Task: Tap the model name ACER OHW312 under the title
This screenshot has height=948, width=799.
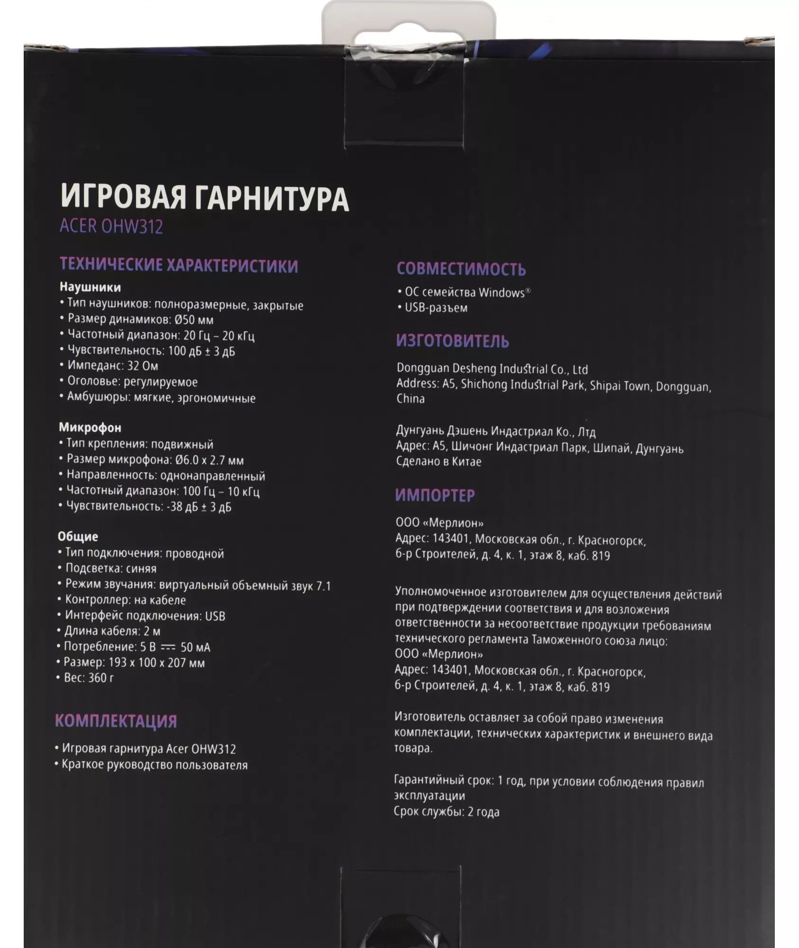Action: click(111, 227)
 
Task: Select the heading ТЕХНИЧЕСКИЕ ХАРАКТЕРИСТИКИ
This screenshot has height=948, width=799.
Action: click(179, 265)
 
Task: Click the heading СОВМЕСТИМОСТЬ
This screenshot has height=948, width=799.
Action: click(461, 269)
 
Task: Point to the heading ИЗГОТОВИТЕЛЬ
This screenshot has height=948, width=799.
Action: click(452, 341)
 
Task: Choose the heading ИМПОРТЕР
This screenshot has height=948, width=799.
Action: click(435, 495)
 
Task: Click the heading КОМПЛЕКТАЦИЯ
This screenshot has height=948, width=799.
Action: click(116, 721)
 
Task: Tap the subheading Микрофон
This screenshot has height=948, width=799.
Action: click(90, 428)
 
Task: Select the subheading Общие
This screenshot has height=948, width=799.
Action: click(78, 537)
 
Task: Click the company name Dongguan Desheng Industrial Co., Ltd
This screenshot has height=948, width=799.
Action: click(492, 369)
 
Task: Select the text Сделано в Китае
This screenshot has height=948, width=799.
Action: click(439, 462)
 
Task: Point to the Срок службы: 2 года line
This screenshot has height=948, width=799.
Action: click(446, 811)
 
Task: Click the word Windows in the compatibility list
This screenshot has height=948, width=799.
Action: click(502, 292)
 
